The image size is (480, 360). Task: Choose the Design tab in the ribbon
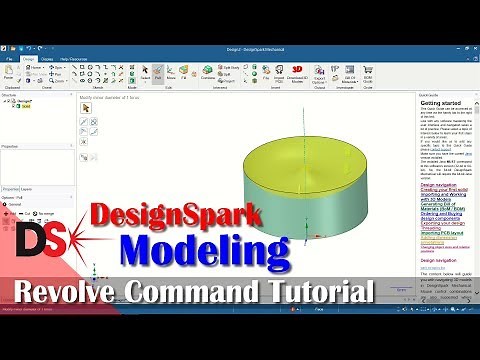tap(29, 60)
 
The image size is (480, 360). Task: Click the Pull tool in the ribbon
tap(158, 74)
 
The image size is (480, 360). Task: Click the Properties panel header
tap(12, 145)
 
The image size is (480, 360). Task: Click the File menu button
tap(9, 60)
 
